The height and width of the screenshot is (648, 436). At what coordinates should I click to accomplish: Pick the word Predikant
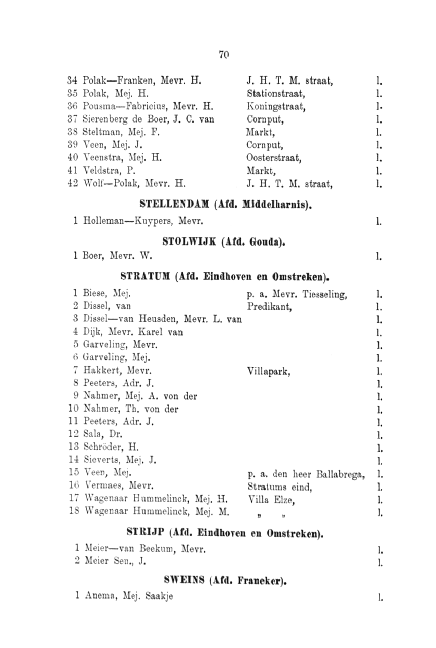[x=268, y=306]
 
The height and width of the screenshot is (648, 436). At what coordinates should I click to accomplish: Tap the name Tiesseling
[x=325, y=293]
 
